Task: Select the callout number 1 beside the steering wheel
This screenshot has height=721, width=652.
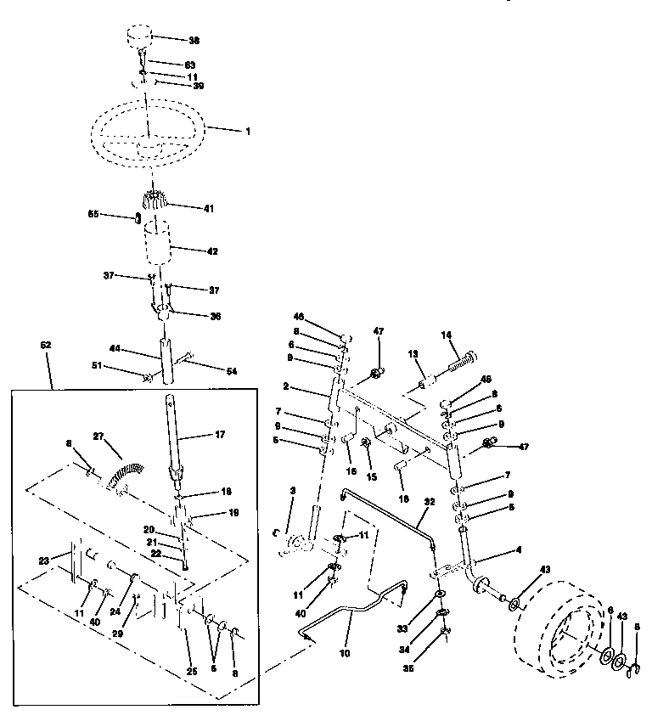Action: coord(249,131)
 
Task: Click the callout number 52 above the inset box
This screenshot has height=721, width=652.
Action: coord(46,346)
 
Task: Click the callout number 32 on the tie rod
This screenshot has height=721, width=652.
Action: coord(430,503)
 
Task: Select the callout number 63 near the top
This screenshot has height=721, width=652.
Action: coord(190,64)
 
